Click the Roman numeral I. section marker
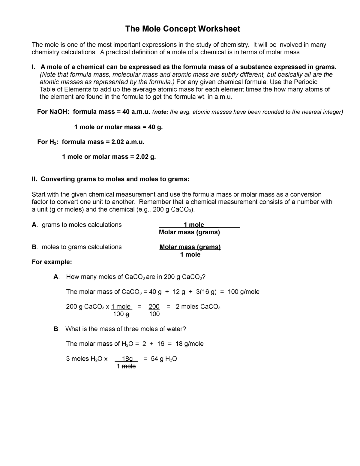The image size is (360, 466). point(34,67)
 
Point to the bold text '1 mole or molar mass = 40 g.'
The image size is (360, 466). point(118,127)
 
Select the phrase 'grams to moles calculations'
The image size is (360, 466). point(82,225)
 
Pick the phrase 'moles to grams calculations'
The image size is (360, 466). point(82,247)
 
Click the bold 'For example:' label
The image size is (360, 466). point(52,262)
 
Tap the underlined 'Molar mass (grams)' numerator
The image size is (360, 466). point(190,247)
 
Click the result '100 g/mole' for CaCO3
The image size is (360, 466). point(244,292)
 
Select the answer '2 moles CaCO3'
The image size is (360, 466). point(198,307)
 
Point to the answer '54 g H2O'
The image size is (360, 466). point(164,359)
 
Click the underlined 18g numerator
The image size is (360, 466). point(127,359)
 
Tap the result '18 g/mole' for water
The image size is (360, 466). point(189,344)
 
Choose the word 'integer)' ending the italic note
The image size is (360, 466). point(332,112)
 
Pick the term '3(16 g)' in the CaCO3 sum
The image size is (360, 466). point(206,292)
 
